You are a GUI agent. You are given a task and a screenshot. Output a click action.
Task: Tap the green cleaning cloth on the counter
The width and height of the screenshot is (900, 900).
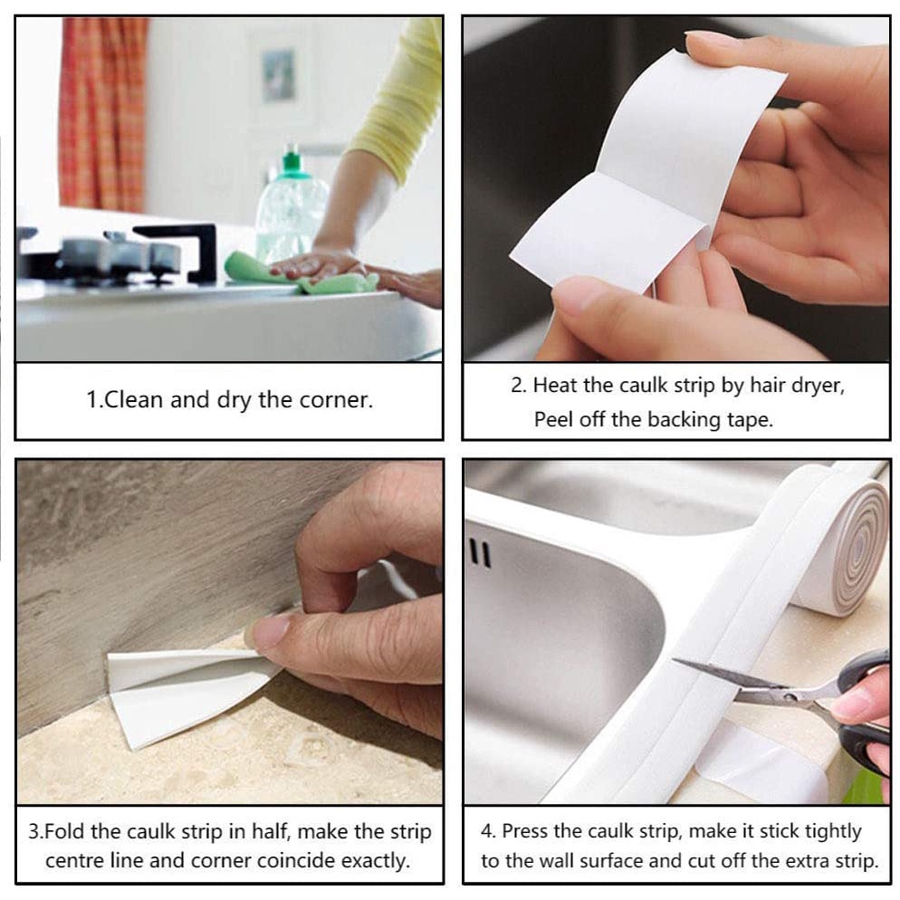coord(299,273)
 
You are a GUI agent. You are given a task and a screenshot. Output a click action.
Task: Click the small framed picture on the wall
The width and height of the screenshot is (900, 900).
coord(278,75)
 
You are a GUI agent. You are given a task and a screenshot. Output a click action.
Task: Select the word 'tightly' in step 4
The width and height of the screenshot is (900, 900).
coord(833,832)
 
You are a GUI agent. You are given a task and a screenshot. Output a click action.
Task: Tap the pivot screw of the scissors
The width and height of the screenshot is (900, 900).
coord(794,697)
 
